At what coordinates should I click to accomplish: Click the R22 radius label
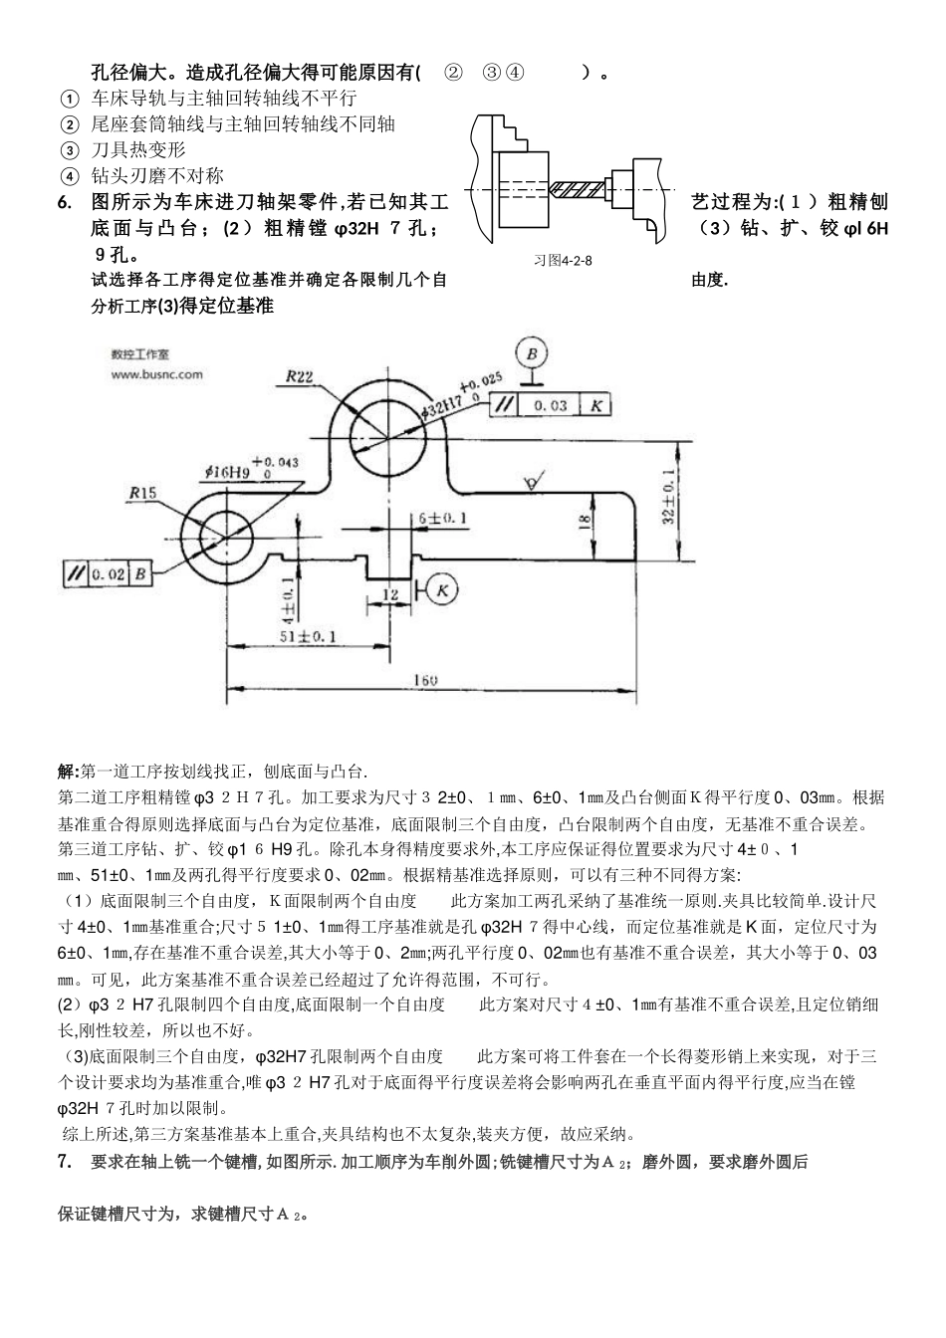click(x=300, y=376)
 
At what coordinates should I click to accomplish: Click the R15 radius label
click(x=143, y=492)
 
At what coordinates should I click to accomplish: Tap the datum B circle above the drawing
click(x=532, y=353)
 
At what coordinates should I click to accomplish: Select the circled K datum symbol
click(x=442, y=590)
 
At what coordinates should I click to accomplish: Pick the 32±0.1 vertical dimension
click(x=667, y=496)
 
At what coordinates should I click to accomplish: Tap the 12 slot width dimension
click(x=388, y=594)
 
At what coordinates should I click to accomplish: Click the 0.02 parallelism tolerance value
click(x=108, y=574)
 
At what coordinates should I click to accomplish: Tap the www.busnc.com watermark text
click(x=156, y=375)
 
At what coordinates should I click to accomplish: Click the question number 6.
click(x=65, y=203)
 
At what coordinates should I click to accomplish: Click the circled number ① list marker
click(x=69, y=100)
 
